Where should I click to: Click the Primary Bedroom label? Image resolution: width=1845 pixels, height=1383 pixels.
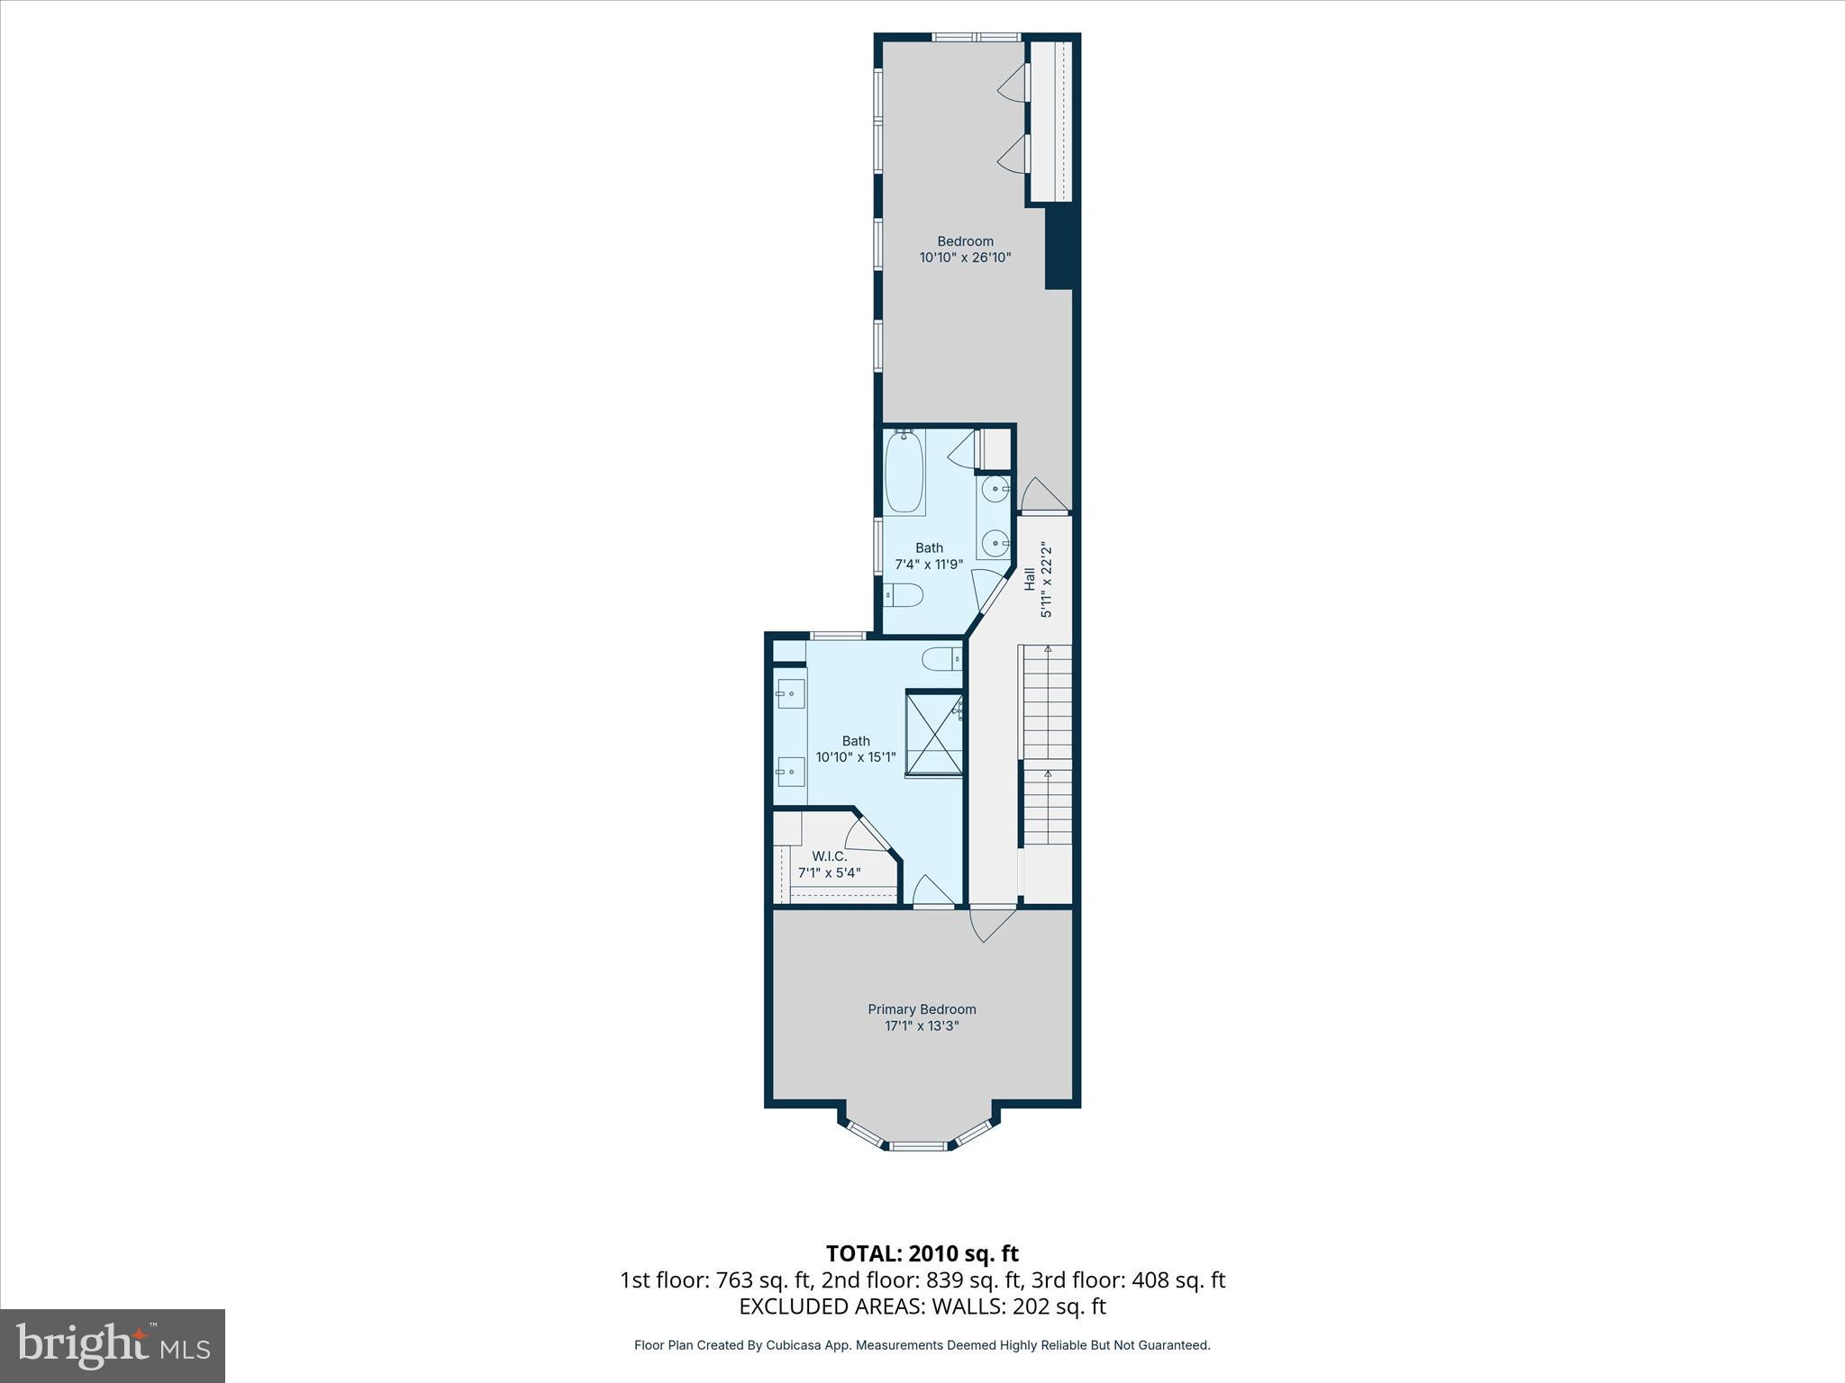[922, 1009]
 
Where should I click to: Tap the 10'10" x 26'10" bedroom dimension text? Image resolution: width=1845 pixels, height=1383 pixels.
[965, 258]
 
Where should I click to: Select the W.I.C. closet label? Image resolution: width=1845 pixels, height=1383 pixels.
[829, 856]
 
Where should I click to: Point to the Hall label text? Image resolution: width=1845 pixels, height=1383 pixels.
[1029, 579]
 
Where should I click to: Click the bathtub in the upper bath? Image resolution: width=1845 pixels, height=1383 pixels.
[904, 472]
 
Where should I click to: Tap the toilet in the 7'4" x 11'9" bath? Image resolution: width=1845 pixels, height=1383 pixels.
[904, 595]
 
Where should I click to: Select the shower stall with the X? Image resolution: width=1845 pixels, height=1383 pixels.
[933, 733]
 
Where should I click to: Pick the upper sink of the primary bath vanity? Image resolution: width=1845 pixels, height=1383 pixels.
[790, 694]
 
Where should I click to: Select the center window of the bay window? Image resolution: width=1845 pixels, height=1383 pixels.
[920, 1146]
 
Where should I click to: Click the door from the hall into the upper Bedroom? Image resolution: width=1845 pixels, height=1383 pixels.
[1041, 496]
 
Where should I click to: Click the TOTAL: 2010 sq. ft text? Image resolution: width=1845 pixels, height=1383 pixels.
[922, 1253]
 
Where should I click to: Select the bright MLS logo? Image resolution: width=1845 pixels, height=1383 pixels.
[113, 1345]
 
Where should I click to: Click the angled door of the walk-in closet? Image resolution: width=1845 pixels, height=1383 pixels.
[868, 834]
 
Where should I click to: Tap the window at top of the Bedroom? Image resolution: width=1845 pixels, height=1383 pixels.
[976, 37]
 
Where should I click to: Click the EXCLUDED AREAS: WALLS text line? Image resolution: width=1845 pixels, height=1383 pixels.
[922, 1306]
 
